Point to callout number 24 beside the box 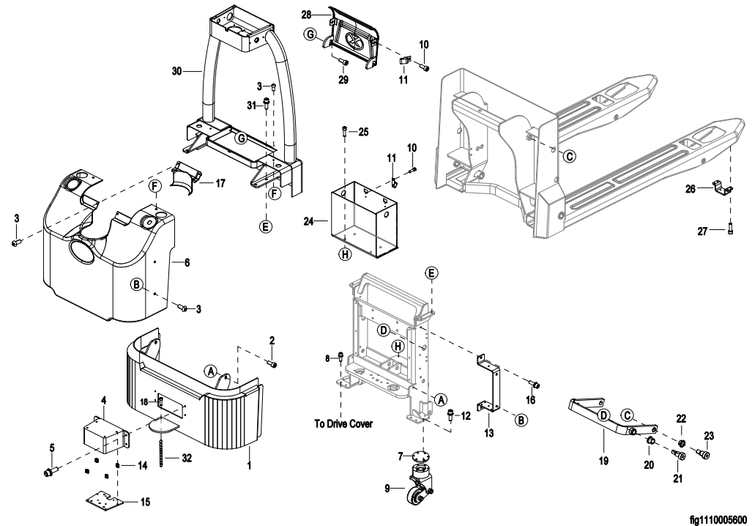(x=309, y=219)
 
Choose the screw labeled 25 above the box (x=344, y=133)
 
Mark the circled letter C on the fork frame (x=570, y=155)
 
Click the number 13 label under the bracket (x=489, y=433)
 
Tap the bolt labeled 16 (x=535, y=384)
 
